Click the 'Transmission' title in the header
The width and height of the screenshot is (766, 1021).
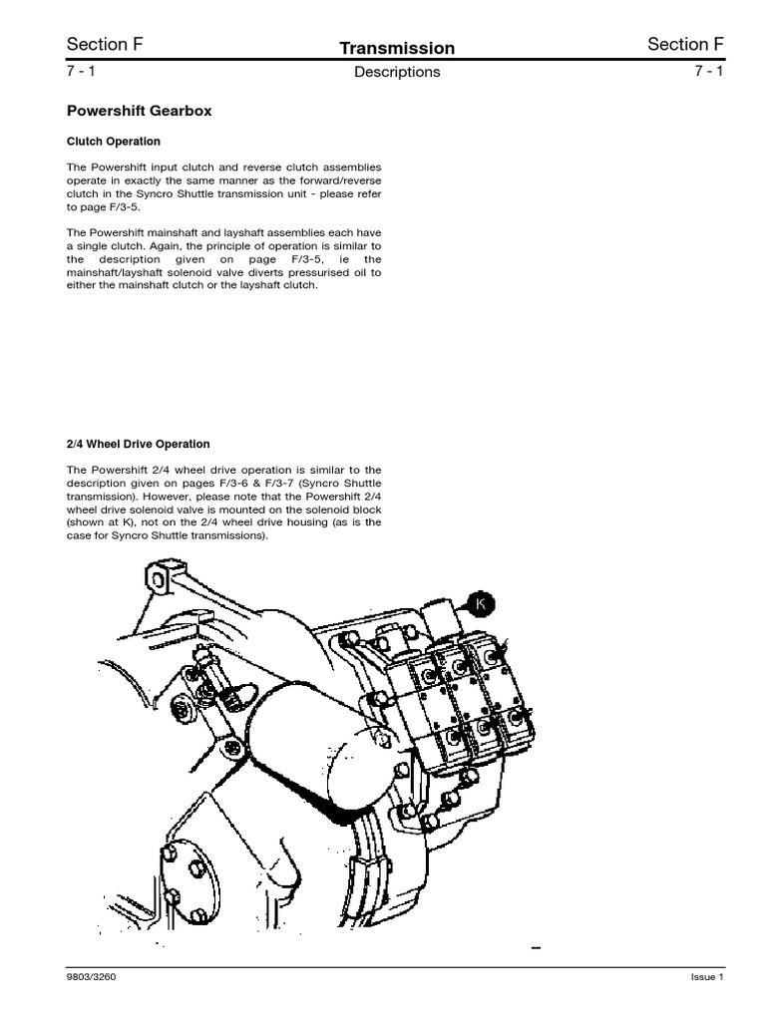[397, 48]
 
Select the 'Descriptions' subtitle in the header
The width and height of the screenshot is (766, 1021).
[397, 72]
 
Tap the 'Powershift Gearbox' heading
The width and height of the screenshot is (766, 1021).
[139, 112]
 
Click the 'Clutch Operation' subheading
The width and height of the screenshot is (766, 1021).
[114, 142]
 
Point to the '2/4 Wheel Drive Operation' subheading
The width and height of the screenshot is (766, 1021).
[139, 444]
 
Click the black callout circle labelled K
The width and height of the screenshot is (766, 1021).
[481, 604]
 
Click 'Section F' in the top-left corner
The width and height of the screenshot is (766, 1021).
[98, 44]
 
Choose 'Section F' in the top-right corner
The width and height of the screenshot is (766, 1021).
[685, 44]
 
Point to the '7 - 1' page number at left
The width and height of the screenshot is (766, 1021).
[81, 71]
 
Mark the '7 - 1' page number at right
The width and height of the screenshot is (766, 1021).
[707, 71]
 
